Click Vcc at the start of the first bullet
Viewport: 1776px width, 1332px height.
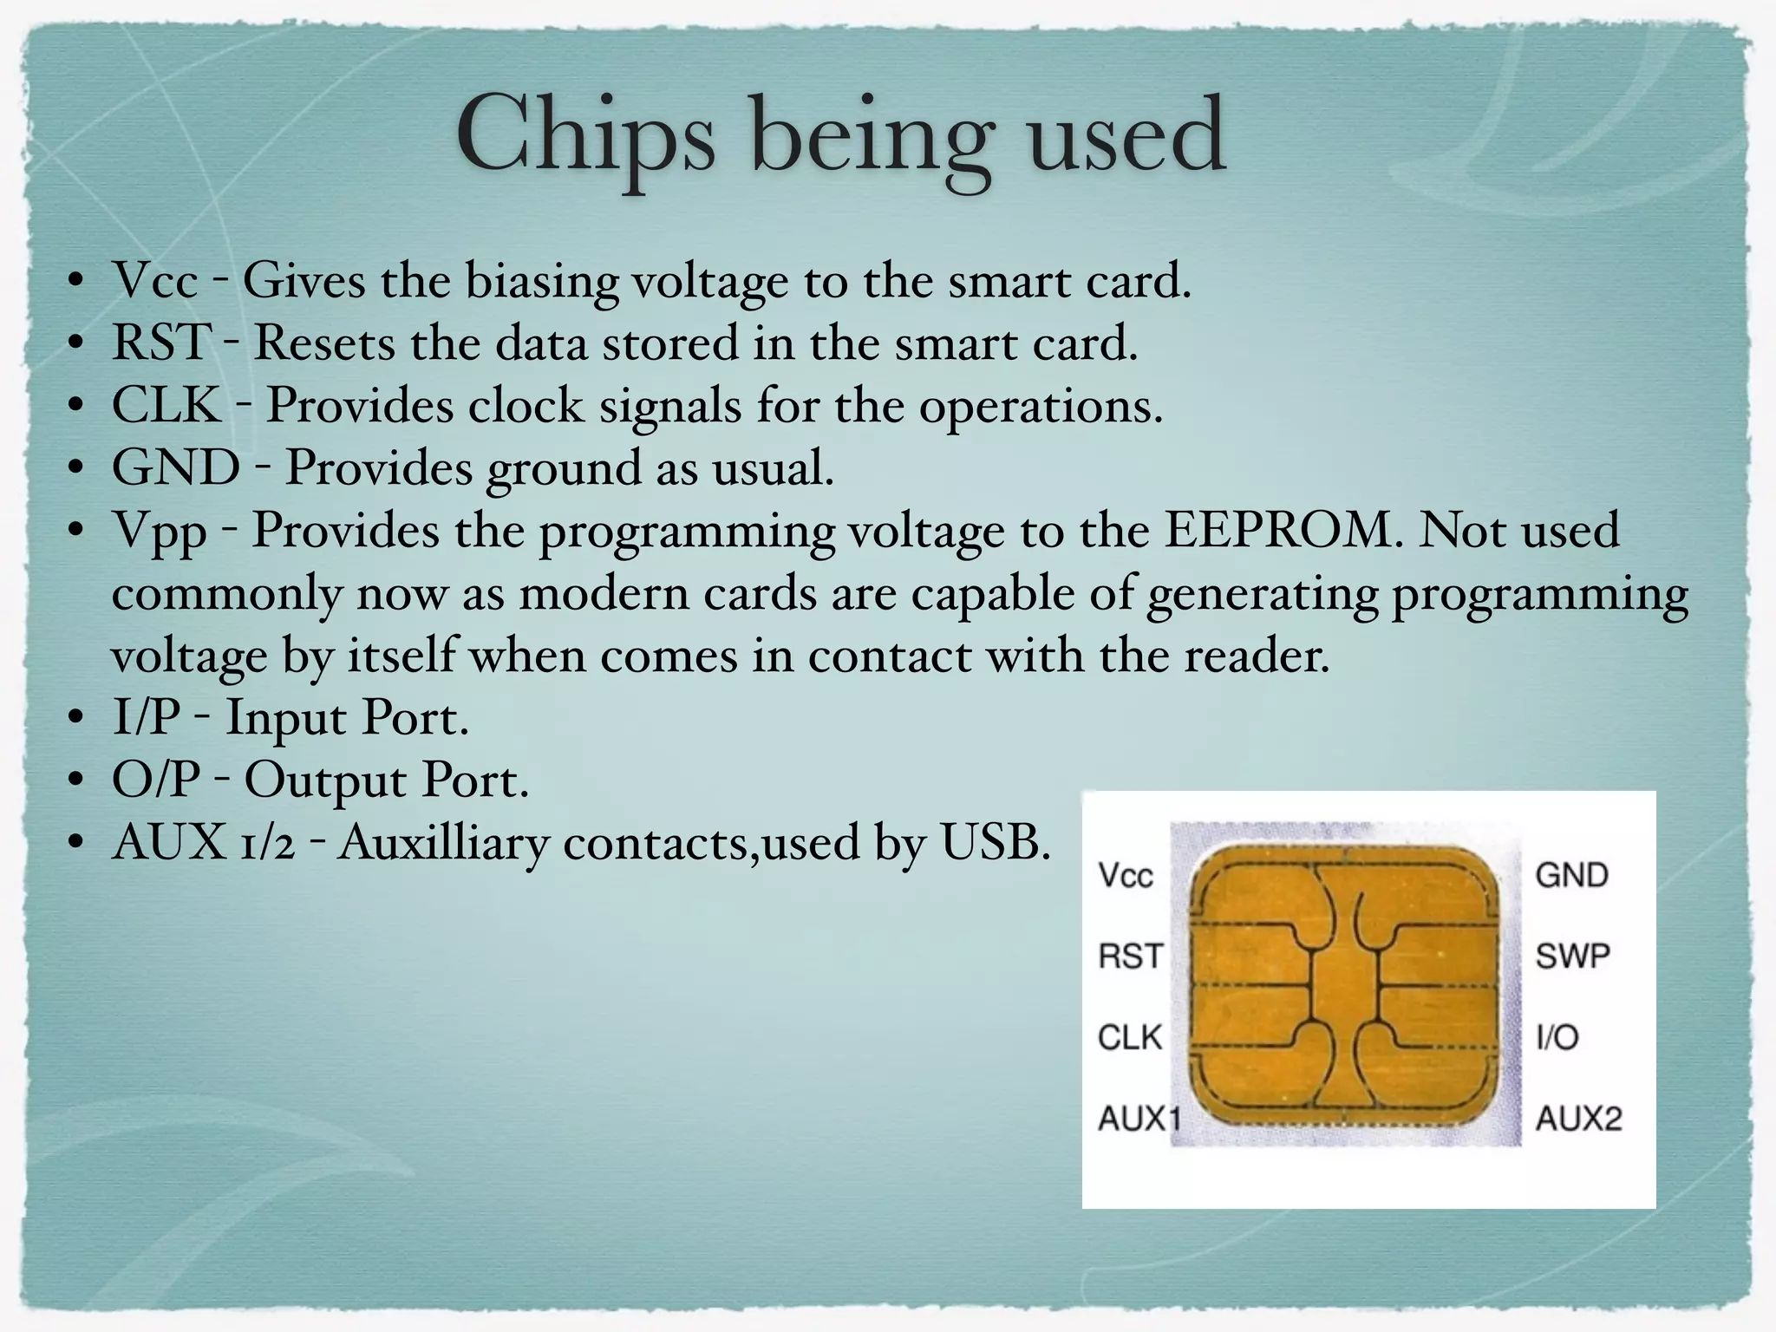coord(155,281)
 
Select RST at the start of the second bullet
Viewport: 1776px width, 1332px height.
coord(161,343)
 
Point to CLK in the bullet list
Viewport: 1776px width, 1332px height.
coord(166,405)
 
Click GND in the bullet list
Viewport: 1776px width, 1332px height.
coord(176,467)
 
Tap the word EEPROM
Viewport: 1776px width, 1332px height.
coord(1282,530)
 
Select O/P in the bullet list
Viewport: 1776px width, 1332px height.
coord(155,780)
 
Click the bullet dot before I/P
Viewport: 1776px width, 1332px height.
coord(76,719)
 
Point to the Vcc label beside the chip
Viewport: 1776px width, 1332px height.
coord(1126,875)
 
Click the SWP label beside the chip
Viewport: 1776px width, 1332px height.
coord(1572,957)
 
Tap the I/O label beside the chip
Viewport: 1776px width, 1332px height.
coord(1557,1037)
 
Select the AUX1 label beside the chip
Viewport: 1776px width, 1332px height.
coord(1139,1119)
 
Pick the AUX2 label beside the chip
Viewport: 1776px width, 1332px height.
coord(1578,1119)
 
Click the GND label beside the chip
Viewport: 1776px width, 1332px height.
coord(1571,875)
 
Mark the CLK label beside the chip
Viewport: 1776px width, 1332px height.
coord(1129,1037)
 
